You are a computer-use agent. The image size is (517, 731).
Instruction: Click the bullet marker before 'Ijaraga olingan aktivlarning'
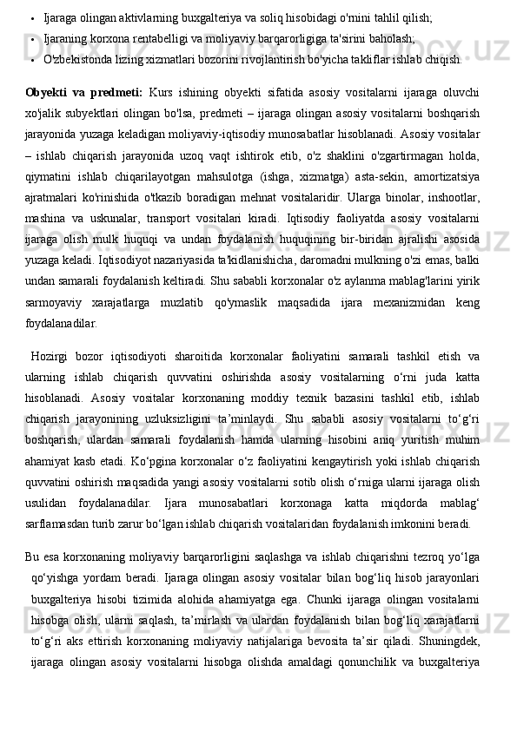(30, 17)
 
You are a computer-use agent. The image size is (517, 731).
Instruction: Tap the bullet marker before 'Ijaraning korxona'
(30, 40)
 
